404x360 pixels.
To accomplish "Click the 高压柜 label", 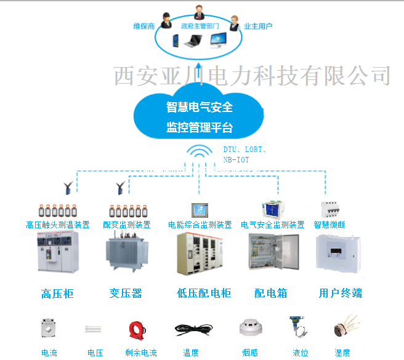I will (x=57, y=294).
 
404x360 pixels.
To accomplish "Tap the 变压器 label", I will (x=126, y=294).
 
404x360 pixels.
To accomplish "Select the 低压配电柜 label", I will (x=204, y=294).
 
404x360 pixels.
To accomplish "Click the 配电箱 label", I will (x=271, y=294).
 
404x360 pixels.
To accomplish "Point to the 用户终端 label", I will (x=341, y=294).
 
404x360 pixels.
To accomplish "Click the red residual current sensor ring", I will (x=137, y=329).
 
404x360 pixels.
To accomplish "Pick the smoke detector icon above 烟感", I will (x=251, y=329).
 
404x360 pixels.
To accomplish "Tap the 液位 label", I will (x=301, y=353).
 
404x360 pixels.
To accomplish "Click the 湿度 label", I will (x=342, y=353).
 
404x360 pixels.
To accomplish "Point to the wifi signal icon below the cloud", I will (x=200, y=154).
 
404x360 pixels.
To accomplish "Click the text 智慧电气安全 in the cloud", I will (x=200, y=107).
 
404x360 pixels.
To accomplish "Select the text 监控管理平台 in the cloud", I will (x=200, y=128).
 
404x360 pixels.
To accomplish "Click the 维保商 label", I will (x=143, y=26).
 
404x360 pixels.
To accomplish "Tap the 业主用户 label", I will (x=258, y=26).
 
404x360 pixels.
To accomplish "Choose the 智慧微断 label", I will (x=329, y=225).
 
